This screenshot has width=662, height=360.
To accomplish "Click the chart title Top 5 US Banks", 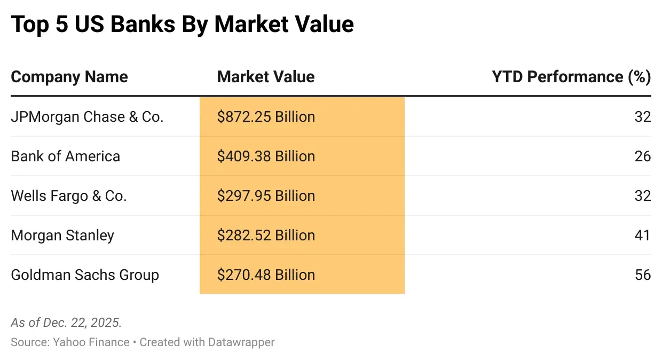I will [x=182, y=25].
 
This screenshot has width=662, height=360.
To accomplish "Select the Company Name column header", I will [x=69, y=77].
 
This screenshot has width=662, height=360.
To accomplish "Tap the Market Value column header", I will [x=265, y=77].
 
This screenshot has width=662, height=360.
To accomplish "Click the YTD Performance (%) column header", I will [x=571, y=77].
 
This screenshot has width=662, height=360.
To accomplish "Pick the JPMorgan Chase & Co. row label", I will [x=87, y=117].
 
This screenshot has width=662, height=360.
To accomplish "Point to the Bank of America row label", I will [x=65, y=156].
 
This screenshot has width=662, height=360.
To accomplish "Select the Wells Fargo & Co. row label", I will [x=68, y=196].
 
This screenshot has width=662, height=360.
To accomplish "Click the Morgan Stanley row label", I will [x=62, y=236].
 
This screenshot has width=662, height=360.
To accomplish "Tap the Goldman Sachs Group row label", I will [x=85, y=275].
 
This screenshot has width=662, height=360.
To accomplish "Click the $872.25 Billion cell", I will [x=266, y=117].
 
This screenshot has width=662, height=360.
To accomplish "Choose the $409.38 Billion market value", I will [x=266, y=156].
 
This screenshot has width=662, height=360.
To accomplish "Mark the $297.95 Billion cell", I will [x=266, y=196].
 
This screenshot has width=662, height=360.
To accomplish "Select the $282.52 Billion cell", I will [x=266, y=236].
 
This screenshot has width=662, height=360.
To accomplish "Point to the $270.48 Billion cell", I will [x=266, y=275].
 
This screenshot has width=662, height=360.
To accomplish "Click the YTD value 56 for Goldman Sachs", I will [x=643, y=275].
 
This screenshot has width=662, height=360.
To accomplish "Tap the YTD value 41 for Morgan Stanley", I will [x=643, y=236].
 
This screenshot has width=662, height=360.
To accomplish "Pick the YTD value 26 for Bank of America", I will [x=643, y=156].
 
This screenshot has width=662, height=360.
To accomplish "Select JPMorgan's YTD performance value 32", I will [x=643, y=117].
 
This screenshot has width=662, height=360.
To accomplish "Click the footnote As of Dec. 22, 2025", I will [x=66, y=323].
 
